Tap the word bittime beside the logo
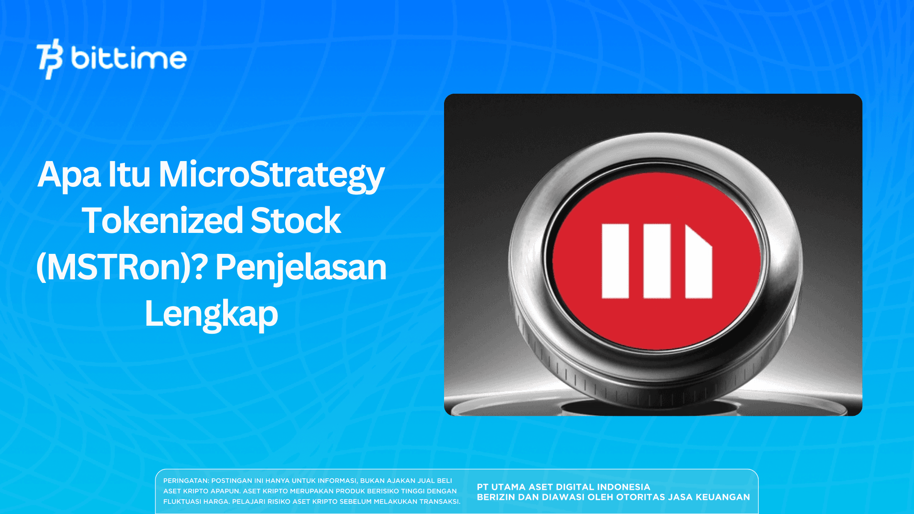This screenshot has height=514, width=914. (x=129, y=59)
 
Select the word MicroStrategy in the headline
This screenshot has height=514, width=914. (x=271, y=175)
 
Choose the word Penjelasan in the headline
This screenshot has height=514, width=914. (x=301, y=267)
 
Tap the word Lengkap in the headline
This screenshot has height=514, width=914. (x=212, y=314)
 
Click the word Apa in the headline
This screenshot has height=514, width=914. (x=69, y=175)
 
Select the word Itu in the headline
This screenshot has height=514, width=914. (x=129, y=175)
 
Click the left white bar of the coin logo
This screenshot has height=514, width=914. (x=615, y=261)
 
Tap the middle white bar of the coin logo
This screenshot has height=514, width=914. (x=657, y=261)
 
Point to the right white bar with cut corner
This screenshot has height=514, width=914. (x=698, y=265)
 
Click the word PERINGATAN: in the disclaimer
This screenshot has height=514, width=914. (x=186, y=481)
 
